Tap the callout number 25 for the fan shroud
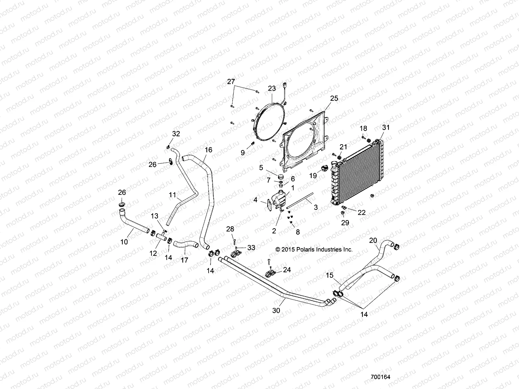[x=334, y=98]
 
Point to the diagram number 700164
[x=380, y=377]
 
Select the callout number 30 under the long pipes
[x=276, y=310]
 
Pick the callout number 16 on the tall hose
[x=208, y=150]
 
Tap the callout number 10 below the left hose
[x=124, y=242]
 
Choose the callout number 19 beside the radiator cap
[x=313, y=176]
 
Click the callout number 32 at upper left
[x=176, y=134]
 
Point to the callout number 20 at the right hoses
[x=373, y=240]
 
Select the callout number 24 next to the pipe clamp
[x=287, y=269]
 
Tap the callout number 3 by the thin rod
[x=315, y=207]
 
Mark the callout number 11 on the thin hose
[x=172, y=195]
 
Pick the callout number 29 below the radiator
[x=345, y=223]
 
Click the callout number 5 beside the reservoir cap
[x=261, y=168]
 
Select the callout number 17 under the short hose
[x=184, y=260]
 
